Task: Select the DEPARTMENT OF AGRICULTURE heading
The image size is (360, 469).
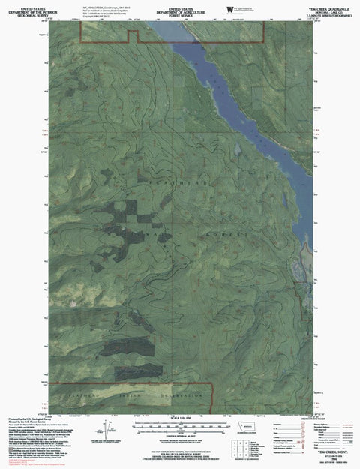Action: click(181, 8)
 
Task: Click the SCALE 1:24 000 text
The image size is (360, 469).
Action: click(181, 416)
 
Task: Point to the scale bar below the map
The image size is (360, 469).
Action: click(181, 425)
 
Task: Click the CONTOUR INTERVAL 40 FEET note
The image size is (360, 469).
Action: click(181, 436)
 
